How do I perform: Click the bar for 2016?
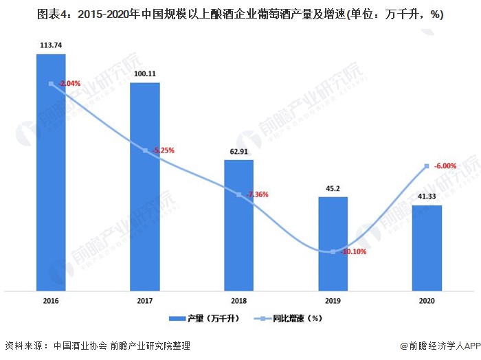click(51, 172)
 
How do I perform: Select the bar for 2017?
click(145, 185)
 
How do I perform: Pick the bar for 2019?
click(333, 243)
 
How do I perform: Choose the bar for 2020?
click(427, 247)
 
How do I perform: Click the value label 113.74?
click(51, 45)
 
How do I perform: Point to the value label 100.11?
click(145, 74)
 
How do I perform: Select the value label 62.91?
click(239, 151)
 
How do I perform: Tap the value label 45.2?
click(333, 188)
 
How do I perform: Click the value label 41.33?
click(427, 196)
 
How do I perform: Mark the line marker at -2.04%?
click(51, 84)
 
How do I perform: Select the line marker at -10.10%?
click(333, 251)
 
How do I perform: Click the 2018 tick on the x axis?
click(239, 300)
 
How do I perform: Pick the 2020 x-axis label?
click(427, 300)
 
